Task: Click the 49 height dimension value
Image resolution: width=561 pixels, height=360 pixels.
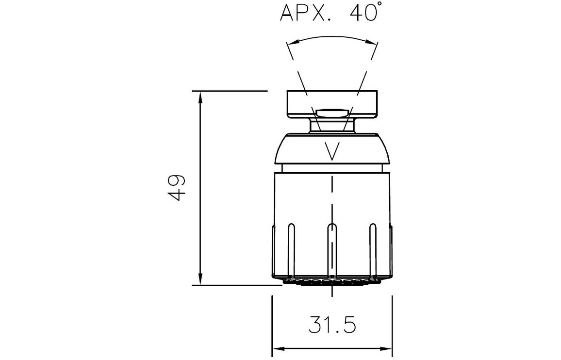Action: click(177, 188)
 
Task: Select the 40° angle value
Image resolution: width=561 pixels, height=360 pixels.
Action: click(364, 12)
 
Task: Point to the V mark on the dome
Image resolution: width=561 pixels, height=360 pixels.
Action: click(332, 151)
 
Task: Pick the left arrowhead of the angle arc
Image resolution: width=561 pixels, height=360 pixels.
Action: click(293, 42)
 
